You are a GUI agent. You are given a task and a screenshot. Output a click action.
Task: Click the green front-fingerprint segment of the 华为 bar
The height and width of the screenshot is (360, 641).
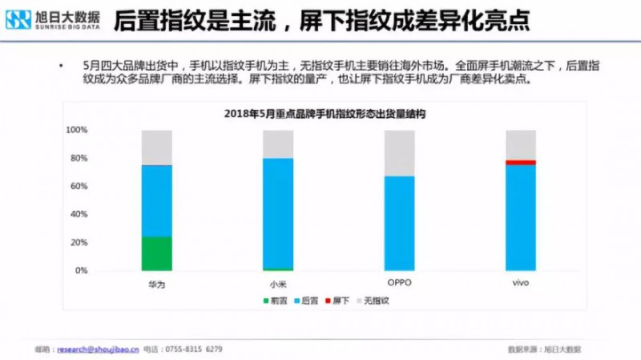[156, 253]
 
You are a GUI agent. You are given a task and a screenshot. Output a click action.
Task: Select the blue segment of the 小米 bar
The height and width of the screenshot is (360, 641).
[278, 212]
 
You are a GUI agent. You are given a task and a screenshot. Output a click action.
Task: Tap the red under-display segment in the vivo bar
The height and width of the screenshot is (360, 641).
[521, 163]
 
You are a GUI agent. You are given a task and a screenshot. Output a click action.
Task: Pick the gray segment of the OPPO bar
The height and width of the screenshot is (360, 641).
[400, 152]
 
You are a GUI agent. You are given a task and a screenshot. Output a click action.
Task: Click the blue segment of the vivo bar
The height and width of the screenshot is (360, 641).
[521, 217]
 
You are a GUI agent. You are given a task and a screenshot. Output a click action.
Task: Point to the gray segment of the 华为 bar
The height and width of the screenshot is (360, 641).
[156, 147]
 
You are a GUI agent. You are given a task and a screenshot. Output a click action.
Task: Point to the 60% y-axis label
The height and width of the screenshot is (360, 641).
[78, 186]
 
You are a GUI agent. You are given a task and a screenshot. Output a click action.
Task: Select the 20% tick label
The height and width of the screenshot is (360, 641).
[78, 242]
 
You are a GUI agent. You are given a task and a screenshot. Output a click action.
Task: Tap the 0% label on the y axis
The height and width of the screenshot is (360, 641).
[80, 271]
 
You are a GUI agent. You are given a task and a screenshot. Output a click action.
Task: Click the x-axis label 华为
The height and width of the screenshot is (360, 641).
[156, 284]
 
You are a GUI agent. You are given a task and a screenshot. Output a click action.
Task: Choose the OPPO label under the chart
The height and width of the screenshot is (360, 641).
[400, 283]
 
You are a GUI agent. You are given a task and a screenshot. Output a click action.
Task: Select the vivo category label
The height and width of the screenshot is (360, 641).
[521, 283]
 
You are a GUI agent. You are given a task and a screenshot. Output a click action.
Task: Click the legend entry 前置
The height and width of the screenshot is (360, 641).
[277, 301]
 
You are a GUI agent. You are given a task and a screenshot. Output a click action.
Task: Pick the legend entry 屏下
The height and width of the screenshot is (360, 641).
[341, 301]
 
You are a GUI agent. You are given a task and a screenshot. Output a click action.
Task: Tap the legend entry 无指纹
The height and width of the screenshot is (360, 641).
[373, 301]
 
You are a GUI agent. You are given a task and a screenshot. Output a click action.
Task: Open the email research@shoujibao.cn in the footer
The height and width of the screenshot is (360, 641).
[95, 349]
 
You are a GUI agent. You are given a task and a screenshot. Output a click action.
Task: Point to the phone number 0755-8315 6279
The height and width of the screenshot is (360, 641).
[192, 349]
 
